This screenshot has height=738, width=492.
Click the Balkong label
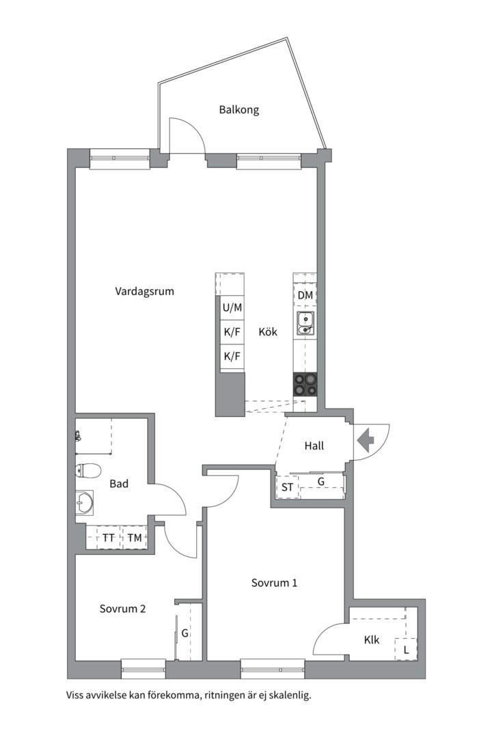(x=238, y=110)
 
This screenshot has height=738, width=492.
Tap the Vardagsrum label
(x=145, y=291)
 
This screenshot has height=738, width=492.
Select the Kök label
(x=268, y=332)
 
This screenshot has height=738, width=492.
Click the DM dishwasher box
(x=305, y=295)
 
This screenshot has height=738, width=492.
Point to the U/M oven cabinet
(x=232, y=307)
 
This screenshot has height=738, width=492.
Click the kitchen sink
(x=305, y=324)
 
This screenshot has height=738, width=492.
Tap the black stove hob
(x=305, y=384)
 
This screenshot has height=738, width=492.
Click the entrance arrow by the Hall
(x=366, y=441)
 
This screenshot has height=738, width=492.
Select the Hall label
(x=314, y=446)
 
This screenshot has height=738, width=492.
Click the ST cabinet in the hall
(x=287, y=487)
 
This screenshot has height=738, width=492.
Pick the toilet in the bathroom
(x=88, y=470)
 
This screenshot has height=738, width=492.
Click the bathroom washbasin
(x=84, y=503)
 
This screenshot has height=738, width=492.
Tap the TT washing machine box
(x=108, y=538)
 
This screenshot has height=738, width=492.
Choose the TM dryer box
(x=135, y=538)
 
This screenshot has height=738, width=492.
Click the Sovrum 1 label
(x=274, y=583)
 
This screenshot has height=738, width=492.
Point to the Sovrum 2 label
(x=122, y=609)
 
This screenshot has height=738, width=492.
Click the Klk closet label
(x=372, y=640)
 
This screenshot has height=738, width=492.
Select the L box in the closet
(x=406, y=650)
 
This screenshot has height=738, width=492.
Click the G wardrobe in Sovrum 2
(x=185, y=633)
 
